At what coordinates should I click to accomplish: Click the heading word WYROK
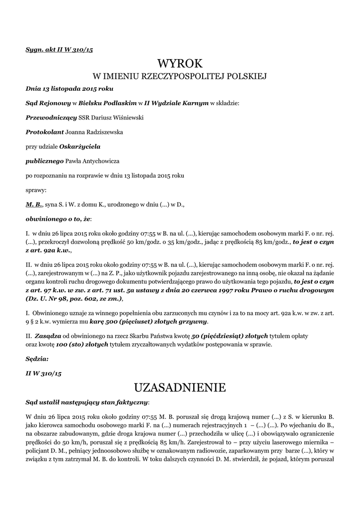coord(180,63)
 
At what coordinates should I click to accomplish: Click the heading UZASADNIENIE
coord(180,386)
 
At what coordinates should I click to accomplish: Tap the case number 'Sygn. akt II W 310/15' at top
coord(60,50)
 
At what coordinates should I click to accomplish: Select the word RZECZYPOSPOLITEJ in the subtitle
coord(177,76)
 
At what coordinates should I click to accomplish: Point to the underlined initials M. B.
coord(34,204)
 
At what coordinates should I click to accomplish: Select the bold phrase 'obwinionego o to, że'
coord(58,218)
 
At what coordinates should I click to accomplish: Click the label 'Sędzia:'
coord(37,358)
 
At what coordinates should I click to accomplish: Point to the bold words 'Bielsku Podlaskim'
coord(107,104)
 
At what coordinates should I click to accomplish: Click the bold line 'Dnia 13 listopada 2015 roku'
coord(69,89)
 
